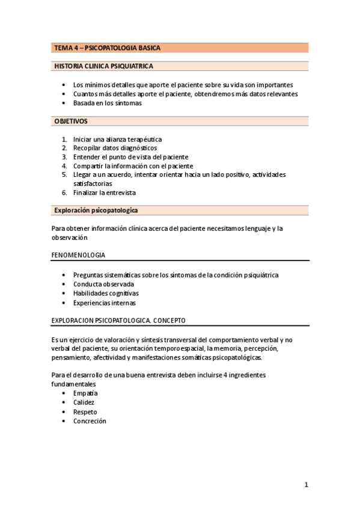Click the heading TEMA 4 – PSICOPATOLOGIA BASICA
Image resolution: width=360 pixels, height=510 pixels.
[107, 48]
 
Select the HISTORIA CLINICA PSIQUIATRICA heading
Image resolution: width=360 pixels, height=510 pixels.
[103, 66]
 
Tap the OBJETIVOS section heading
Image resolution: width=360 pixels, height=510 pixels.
[71, 121]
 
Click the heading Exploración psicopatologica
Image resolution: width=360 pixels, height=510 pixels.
[96, 210]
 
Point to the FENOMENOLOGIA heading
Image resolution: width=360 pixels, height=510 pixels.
[78, 255]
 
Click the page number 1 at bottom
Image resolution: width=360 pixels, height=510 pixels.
[306, 485]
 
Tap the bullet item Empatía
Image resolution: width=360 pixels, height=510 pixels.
[85, 393]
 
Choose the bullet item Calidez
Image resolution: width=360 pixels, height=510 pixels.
[84, 402]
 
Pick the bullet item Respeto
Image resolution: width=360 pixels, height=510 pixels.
[85, 412]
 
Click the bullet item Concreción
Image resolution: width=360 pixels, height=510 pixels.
[90, 421]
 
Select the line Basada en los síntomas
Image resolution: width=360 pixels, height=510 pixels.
[107, 103]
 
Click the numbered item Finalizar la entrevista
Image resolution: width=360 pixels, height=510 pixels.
[105, 192]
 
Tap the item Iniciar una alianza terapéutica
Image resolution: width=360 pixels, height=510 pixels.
[117, 139]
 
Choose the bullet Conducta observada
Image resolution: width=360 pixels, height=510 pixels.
[103, 284]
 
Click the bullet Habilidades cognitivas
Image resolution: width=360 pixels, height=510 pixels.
[106, 293]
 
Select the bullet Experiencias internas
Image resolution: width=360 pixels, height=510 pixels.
[104, 303]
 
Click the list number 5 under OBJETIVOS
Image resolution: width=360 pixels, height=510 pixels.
[64, 174]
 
